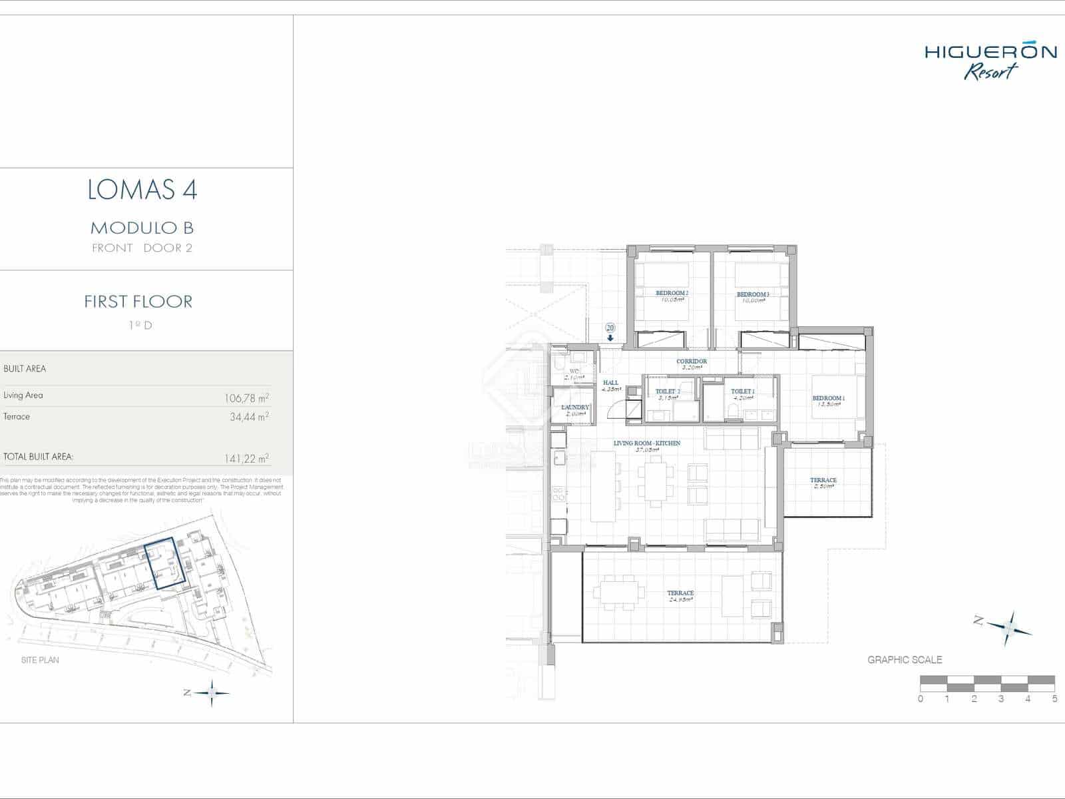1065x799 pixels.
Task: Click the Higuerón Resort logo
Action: [x=990, y=61]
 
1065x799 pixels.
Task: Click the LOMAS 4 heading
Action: [x=142, y=190]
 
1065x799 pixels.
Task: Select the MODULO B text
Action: [x=142, y=228]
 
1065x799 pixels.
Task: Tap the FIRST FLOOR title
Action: [x=138, y=302]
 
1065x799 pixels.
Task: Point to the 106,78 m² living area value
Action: [x=246, y=398]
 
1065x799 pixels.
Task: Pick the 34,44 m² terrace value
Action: [x=248, y=417]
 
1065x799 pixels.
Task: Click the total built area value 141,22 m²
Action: [x=246, y=459]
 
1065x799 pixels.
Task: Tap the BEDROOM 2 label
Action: [x=672, y=293]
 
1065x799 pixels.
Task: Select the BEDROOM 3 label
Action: [x=753, y=294]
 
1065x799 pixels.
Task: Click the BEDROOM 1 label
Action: [x=828, y=398]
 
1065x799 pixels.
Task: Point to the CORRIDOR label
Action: [x=692, y=362]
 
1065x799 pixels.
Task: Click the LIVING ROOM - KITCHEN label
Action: [x=646, y=443]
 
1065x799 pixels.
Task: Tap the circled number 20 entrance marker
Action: [x=610, y=328]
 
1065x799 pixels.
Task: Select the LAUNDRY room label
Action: [x=575, y=407]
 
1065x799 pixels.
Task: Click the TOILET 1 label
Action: [x=743, y=392]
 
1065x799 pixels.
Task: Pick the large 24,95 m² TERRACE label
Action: [x=680, y=593]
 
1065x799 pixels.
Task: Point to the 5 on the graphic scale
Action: [x=1054, y=698]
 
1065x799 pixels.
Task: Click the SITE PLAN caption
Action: [x=40, y=660]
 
